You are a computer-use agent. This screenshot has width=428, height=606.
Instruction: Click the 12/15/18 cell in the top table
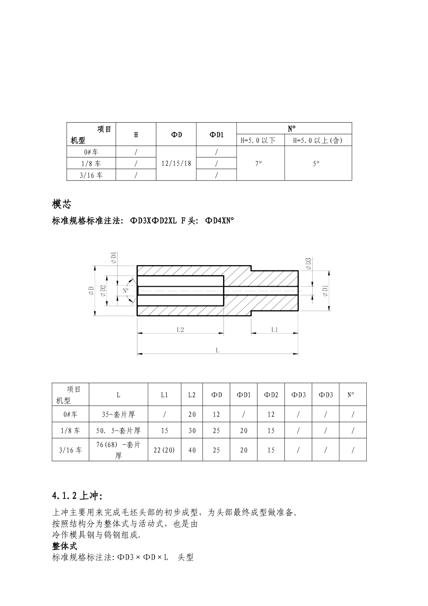pos(176,163)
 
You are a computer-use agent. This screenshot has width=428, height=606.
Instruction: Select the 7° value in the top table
pos(258,163)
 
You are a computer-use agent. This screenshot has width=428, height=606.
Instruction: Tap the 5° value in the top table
pos(316,163)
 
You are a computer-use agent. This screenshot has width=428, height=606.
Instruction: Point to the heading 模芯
pos(62,204)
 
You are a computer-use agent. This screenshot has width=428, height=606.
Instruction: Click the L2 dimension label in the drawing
pos(180,330)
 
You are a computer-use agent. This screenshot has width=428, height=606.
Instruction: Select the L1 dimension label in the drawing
pos(274,330)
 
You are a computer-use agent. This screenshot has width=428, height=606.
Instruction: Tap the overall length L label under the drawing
pos(218,350)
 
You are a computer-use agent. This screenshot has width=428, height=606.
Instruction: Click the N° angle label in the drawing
pos(126,291)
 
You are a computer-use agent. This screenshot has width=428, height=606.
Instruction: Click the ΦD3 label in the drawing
pos(309,263)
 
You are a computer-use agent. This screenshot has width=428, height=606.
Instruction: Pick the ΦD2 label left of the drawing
pos(103,291)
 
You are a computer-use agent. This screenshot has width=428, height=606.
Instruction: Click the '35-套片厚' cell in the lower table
pos(118,414)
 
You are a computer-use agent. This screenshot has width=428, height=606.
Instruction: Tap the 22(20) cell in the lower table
pos(164,450)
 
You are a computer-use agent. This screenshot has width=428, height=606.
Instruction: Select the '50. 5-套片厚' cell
pos(118,431)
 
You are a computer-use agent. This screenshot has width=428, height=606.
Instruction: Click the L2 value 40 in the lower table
pos(192,450)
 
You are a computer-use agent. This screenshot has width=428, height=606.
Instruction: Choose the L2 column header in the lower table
pos(192,395)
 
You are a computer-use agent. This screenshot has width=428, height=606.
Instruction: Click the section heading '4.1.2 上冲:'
pos(77,496)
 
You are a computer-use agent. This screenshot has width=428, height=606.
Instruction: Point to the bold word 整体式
pos(65,546)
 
